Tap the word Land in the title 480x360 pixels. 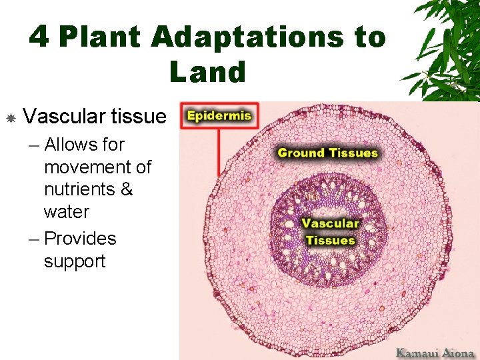point(207,72)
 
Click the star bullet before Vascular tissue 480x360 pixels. point(11,118)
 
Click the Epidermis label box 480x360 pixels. point(219,116)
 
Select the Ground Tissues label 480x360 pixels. point(327,153)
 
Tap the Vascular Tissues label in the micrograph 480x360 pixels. point(330,231)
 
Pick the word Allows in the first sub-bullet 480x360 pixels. point(65,144)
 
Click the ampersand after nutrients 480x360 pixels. point(127,189)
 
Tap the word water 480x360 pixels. point(66,212)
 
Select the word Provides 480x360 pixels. point(80,239)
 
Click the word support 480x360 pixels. point(75,261)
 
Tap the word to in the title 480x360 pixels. point(370,37)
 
